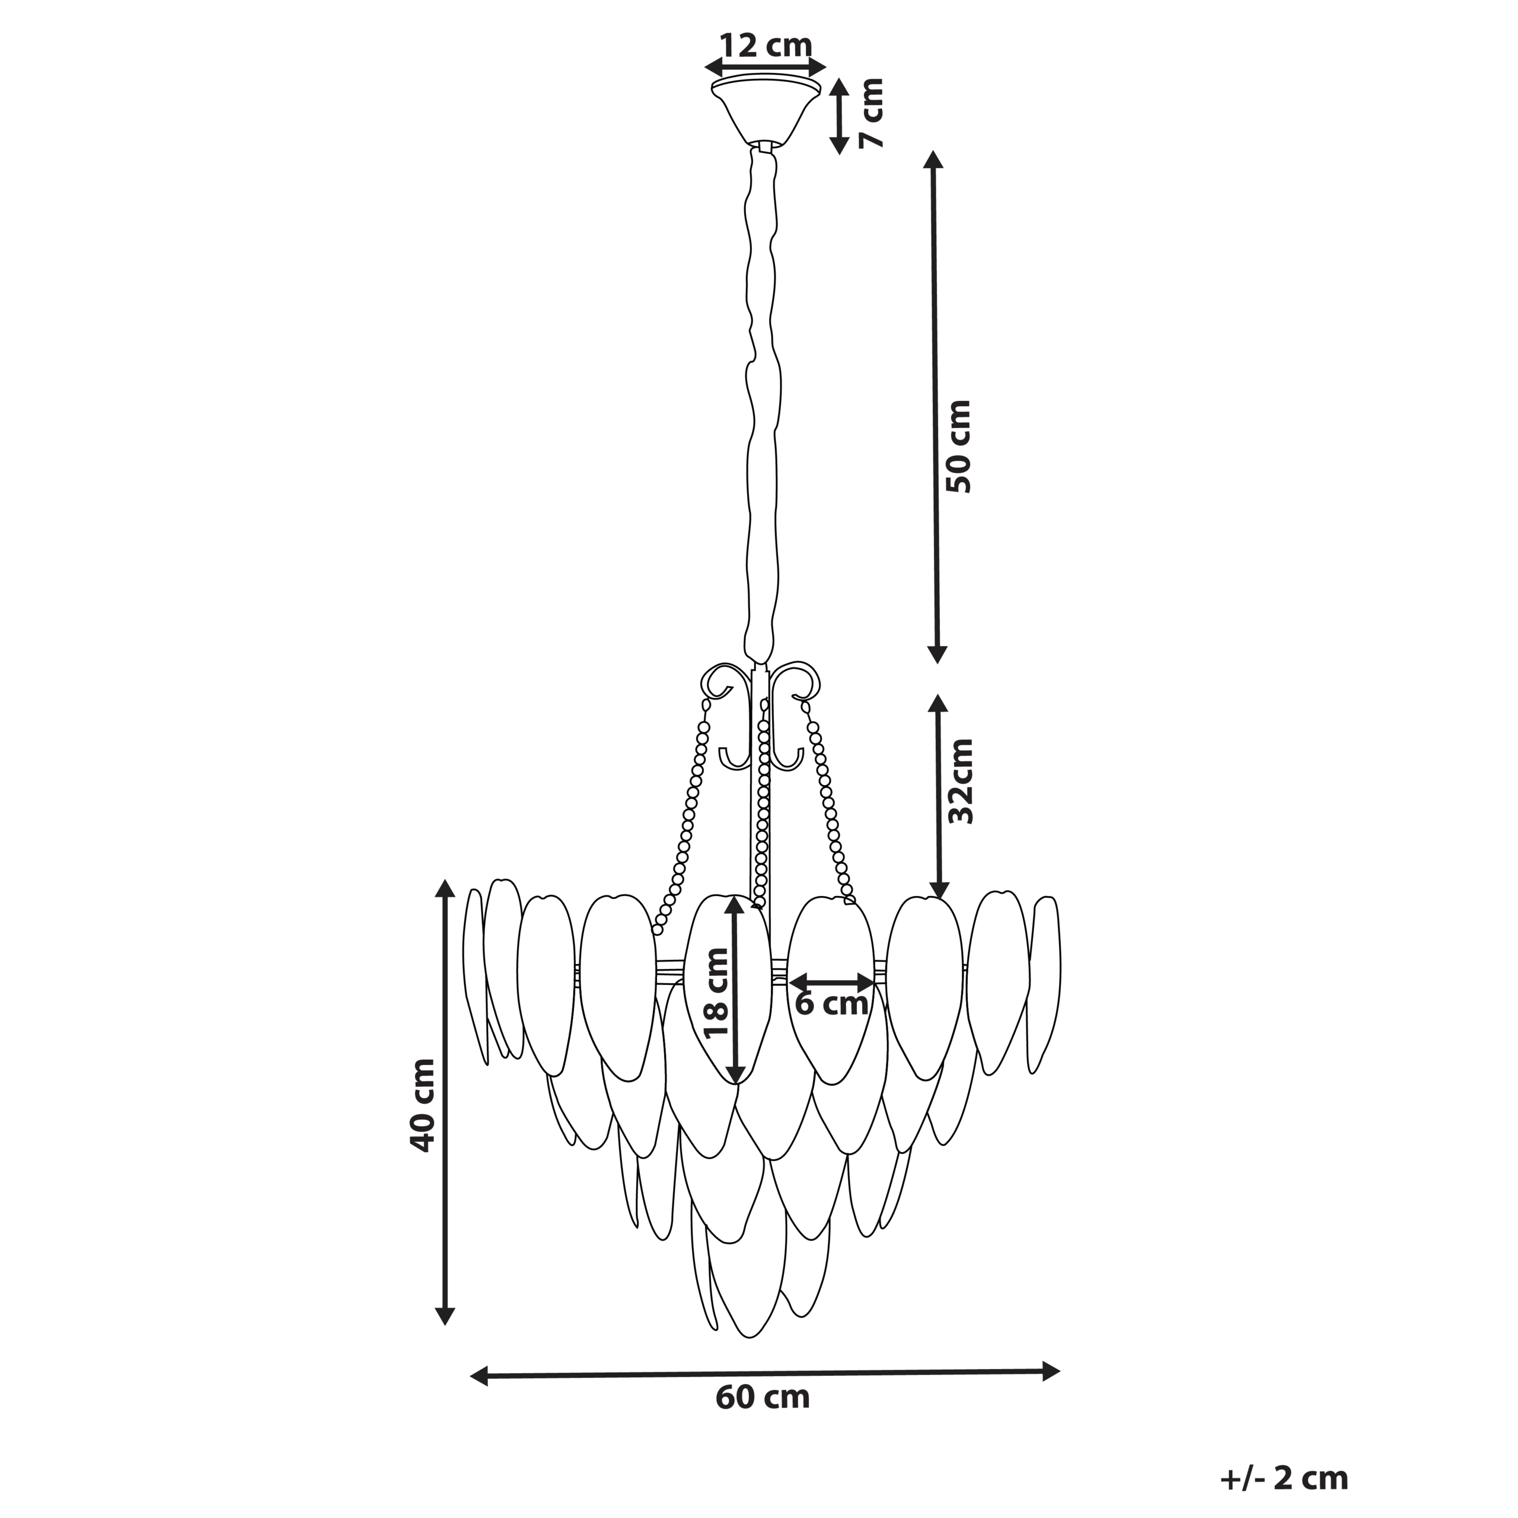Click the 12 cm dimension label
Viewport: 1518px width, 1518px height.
766,46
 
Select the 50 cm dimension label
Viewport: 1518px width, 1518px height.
959,447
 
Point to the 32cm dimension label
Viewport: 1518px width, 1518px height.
960,781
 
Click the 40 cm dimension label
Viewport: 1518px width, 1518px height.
422,1105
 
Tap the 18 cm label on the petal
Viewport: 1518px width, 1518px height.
716,993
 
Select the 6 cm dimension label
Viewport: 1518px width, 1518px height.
831,1003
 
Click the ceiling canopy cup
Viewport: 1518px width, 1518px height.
766,110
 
